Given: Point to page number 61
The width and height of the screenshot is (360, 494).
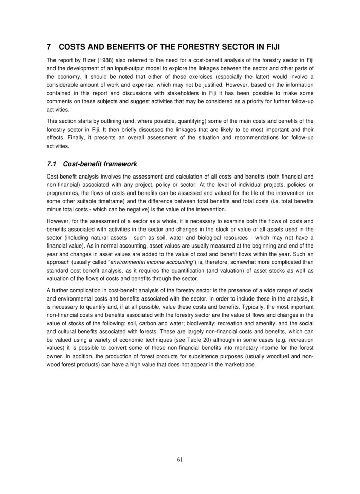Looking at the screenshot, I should (x=180, y=460).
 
